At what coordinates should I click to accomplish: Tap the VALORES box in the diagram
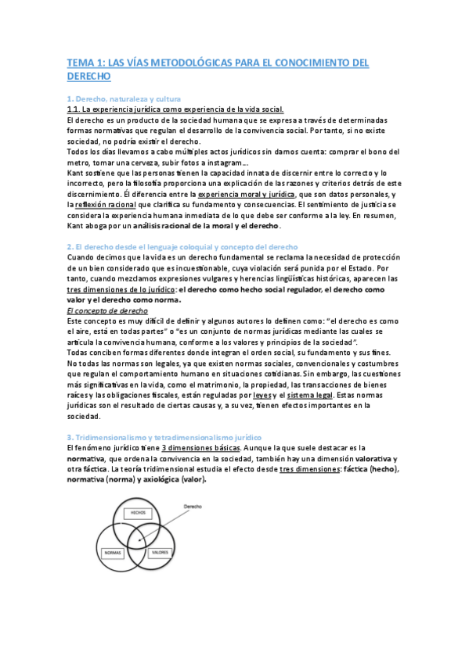tap(161, 552)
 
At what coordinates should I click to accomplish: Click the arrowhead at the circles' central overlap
tap(139, 537)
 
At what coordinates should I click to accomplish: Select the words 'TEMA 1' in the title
tap(84, 63)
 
